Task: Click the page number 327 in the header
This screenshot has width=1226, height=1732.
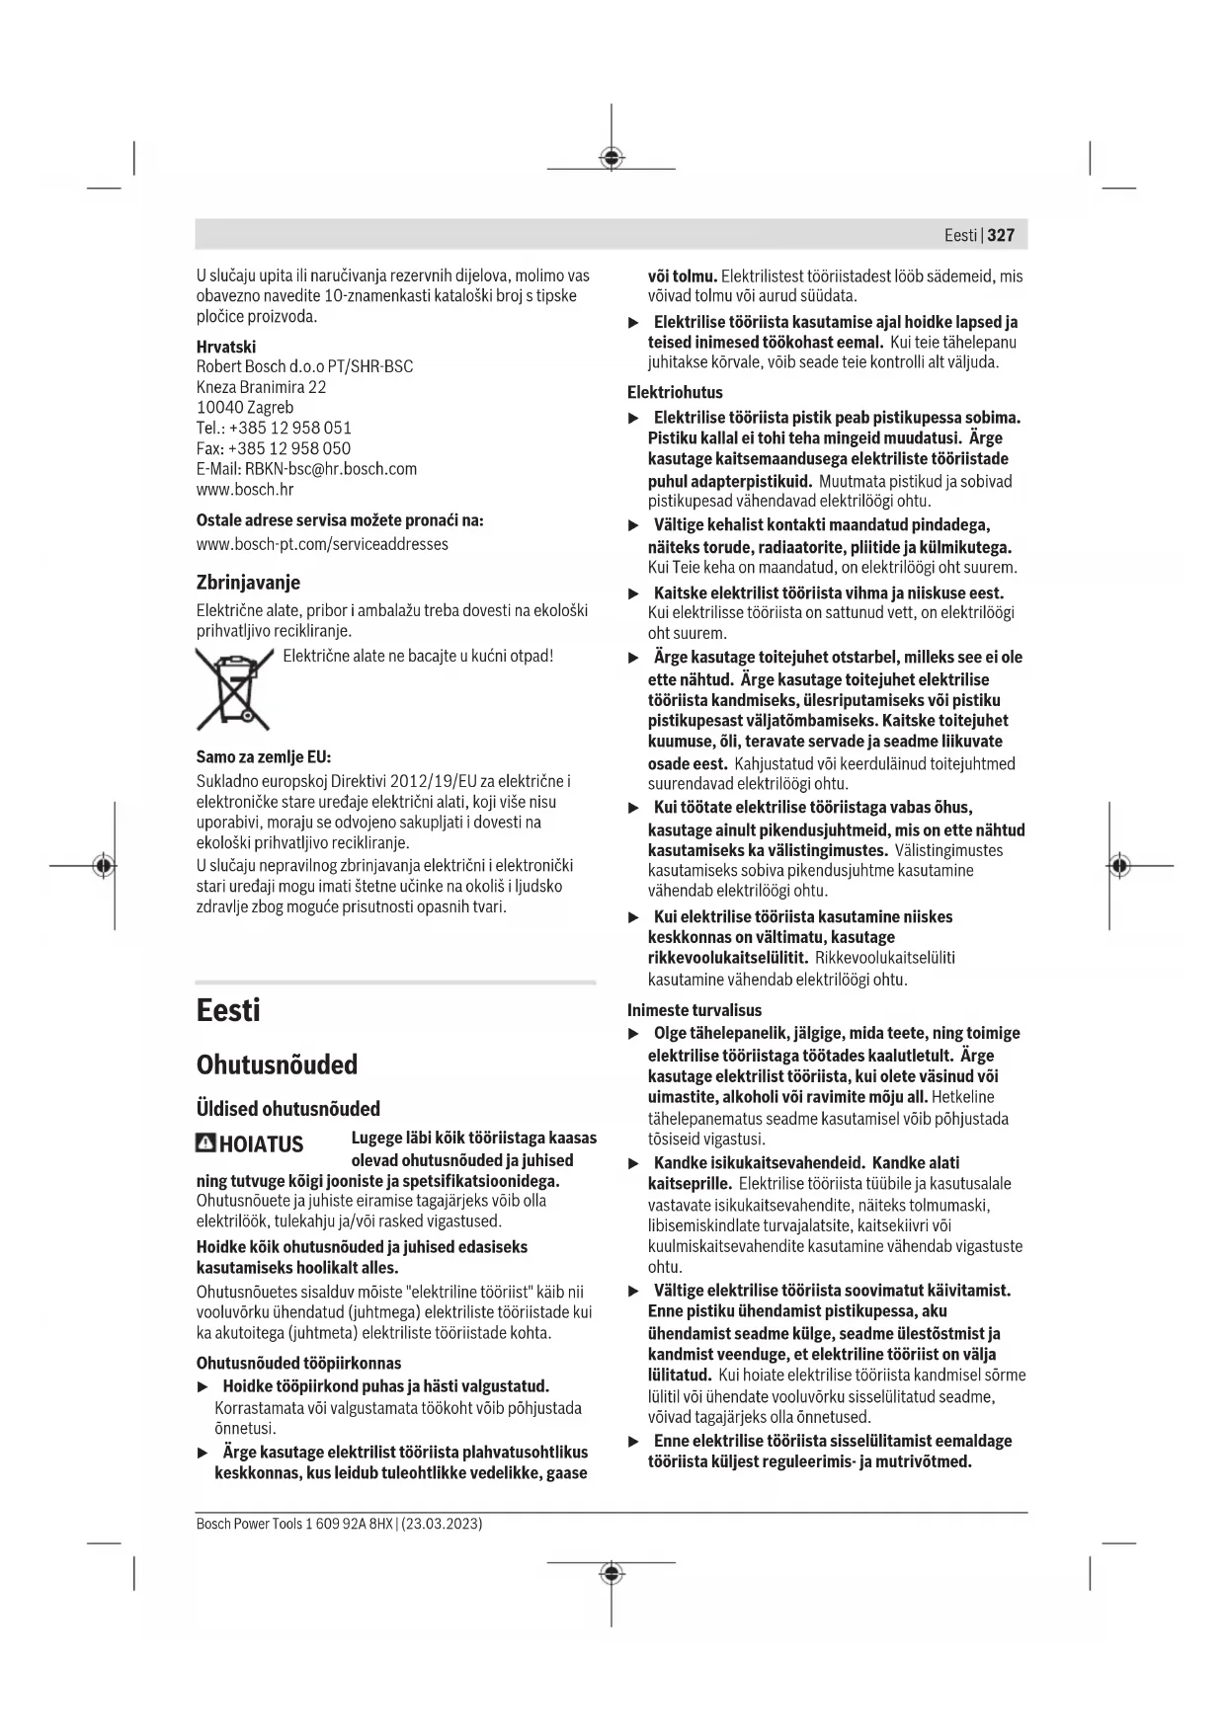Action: [x=1001, y=235]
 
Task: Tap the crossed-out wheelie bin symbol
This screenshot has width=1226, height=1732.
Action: [x=233, y=688]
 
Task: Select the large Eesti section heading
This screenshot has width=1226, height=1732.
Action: [x=228, y=1010]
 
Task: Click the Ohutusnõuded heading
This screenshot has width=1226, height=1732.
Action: [x=277, y=1064]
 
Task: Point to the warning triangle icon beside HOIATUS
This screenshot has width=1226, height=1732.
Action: [x=205, y=1143]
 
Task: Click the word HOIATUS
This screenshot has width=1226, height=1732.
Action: [x=261, y=1144]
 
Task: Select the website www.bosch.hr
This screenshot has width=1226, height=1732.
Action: [x=244, y=489]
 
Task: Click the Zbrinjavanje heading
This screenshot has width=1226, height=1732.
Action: [x=248, y=582]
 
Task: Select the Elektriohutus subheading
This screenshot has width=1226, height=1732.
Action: [x=675, y=392]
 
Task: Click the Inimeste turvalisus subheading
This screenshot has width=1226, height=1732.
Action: [x=695, y=1010]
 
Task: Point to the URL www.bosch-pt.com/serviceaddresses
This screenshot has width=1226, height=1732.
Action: [x=322, y=544]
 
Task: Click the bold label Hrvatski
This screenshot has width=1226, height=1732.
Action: [x=225, y=347]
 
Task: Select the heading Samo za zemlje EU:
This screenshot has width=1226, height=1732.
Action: [x=264, y=757]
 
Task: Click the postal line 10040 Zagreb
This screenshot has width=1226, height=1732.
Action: [x=244, y=407]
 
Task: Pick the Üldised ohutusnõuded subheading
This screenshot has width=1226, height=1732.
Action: [x=287, y=1108]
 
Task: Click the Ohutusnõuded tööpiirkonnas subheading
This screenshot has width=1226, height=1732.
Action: [x=298, y=1364]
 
